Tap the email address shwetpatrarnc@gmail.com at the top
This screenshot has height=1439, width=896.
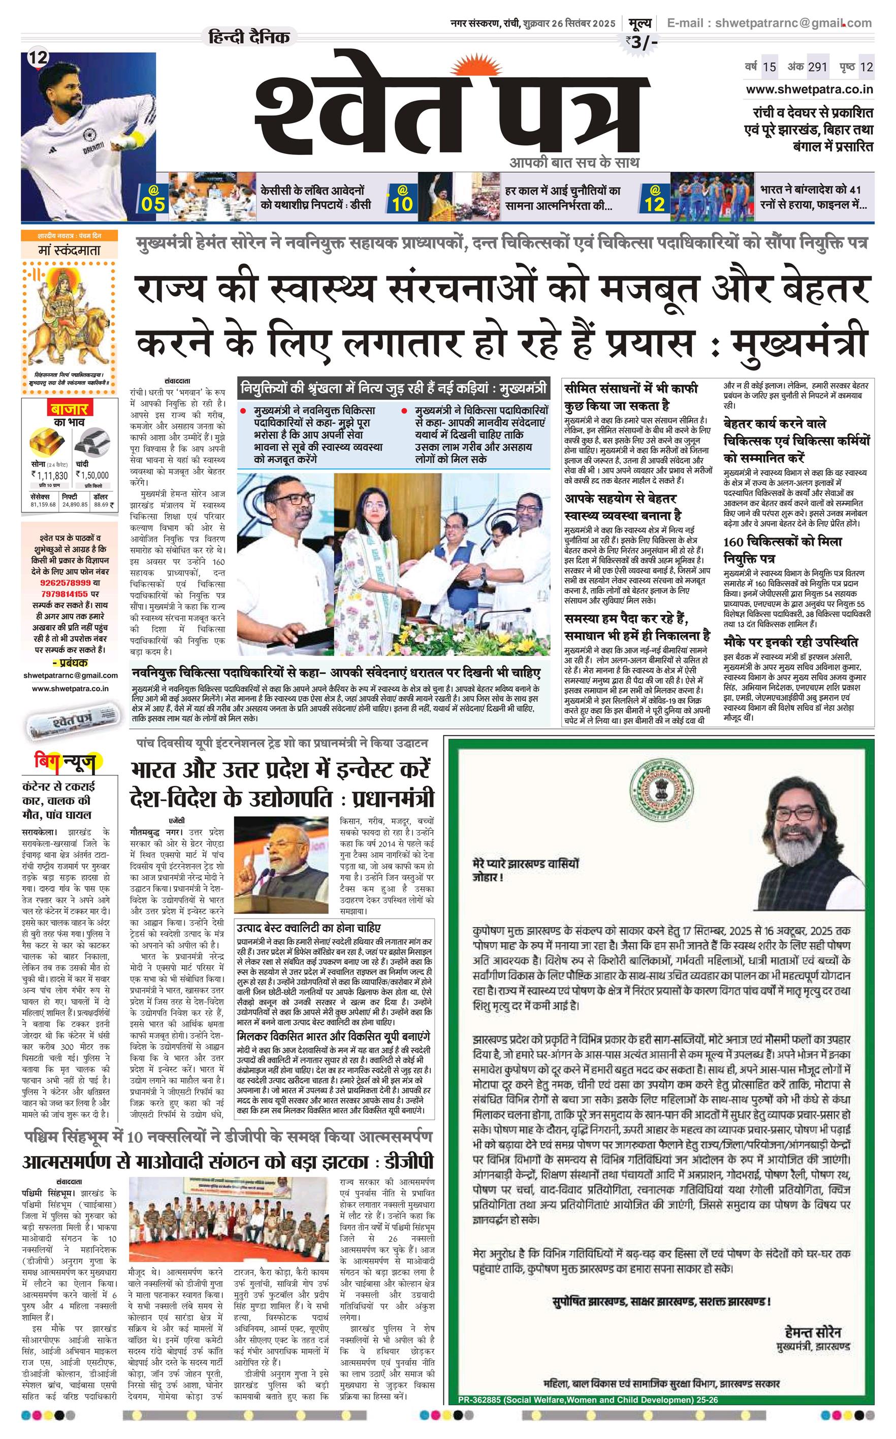(793, 23)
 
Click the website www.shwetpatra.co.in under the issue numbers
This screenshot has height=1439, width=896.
(810, 89)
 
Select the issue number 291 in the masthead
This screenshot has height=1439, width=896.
(817, 67)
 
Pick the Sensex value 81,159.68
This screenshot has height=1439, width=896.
(43, 505)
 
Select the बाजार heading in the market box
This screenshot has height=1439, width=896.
(69, 409)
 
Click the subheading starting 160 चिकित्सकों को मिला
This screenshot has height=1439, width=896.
(782, 549)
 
